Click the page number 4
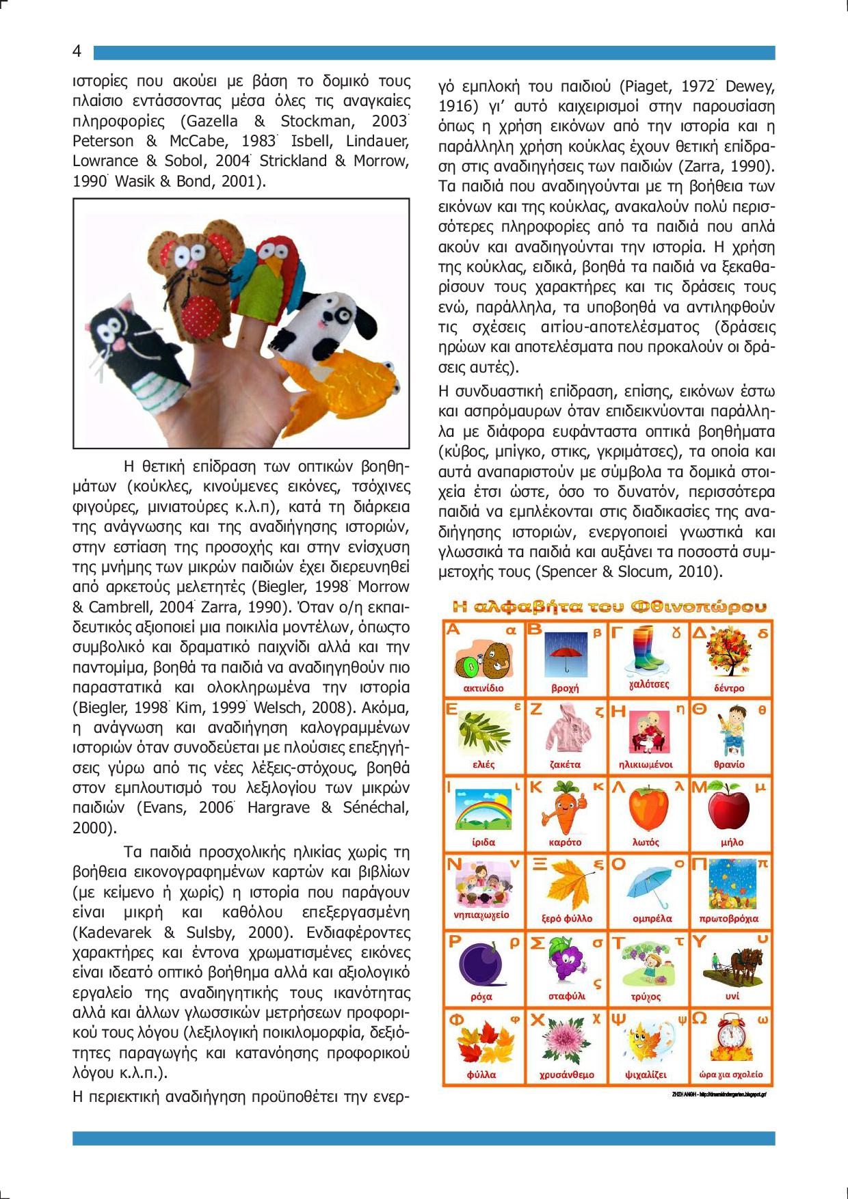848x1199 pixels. point(77,52)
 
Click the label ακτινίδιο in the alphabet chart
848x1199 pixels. point(483,688)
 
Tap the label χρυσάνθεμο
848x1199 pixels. point(566,1075)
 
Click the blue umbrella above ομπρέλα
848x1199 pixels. point(646,886)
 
